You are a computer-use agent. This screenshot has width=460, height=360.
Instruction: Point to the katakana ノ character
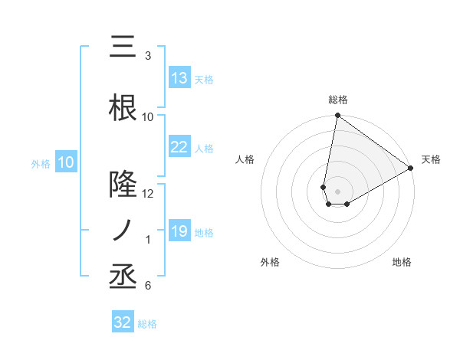[123, 230]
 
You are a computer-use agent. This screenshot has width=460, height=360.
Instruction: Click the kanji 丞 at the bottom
[123, 277]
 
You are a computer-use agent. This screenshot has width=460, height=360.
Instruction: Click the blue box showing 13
[179, 78]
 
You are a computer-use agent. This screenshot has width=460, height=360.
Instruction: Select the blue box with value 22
[179, 147]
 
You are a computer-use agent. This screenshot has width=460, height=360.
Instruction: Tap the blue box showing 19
[179, 231]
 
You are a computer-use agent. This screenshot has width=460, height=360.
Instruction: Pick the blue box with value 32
[123, 322]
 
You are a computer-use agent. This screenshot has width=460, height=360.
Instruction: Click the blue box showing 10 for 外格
[66, 162]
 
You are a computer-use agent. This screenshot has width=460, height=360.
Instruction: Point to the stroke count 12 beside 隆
[148, 194]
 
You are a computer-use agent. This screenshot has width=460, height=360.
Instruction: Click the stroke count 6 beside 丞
[148, 286]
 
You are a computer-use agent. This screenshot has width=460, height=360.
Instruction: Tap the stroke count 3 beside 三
[148, 56]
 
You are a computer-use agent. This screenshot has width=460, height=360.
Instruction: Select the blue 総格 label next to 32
[148, 324]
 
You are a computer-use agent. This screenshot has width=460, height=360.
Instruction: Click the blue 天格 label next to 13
[204, 80]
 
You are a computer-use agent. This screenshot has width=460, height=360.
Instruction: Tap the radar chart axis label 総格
[337, 100]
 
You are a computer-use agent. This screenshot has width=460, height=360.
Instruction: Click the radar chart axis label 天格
[431, 159]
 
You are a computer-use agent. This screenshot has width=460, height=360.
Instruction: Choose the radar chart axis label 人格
[245, 159]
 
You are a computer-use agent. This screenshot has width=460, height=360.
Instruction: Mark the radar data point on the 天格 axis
[411, 169]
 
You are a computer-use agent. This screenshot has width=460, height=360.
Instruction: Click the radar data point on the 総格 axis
[337, 116]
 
